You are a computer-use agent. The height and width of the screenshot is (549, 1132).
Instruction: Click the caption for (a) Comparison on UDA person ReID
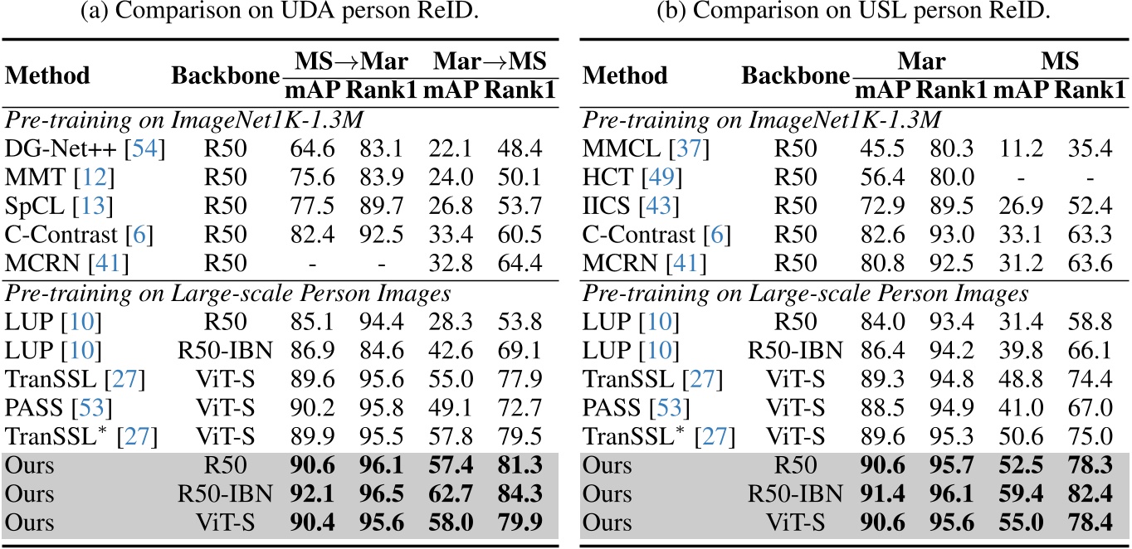[280, 10]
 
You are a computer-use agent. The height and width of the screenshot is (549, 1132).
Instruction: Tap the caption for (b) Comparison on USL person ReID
[854, 10]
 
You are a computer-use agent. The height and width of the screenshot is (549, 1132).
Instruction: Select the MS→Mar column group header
[351, 61]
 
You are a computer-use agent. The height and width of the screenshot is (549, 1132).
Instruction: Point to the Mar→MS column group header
[490, 61]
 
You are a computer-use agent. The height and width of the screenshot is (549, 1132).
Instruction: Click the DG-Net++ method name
[61, 148]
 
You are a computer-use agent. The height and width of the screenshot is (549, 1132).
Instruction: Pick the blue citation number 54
[145, 148]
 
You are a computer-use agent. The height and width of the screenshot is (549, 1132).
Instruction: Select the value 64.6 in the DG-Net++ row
[312, 148]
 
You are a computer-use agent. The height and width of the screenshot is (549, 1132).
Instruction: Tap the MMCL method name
[621, 148]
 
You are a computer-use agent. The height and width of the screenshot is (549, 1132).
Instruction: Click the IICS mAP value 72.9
[882, 206]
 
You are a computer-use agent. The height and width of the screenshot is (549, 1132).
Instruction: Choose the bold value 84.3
[520, 493]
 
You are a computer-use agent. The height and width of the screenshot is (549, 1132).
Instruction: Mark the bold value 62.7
[451, 493]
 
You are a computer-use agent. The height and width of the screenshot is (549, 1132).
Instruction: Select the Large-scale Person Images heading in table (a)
[310, 294]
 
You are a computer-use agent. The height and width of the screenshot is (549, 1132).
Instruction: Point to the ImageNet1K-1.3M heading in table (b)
[845, 120]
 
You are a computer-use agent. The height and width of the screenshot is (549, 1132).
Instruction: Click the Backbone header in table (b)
[796, 75]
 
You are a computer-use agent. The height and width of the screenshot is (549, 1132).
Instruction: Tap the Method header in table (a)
[47, 75]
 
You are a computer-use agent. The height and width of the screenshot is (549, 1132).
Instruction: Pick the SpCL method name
[34, 206]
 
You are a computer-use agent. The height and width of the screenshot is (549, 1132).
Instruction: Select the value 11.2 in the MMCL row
[1021, 148]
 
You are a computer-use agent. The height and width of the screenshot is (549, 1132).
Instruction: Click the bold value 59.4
[1021, 493]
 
